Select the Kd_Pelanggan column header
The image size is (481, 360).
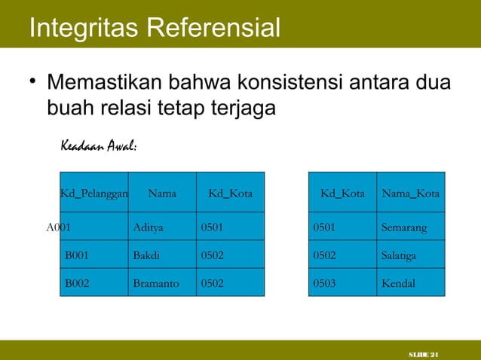93,194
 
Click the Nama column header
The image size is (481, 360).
162,194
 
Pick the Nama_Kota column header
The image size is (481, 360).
411,194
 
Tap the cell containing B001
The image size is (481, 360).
77,255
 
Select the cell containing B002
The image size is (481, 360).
77,284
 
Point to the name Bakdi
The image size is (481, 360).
146,255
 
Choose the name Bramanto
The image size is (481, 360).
155,284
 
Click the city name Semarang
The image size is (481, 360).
404,226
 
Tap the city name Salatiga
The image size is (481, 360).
399,255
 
